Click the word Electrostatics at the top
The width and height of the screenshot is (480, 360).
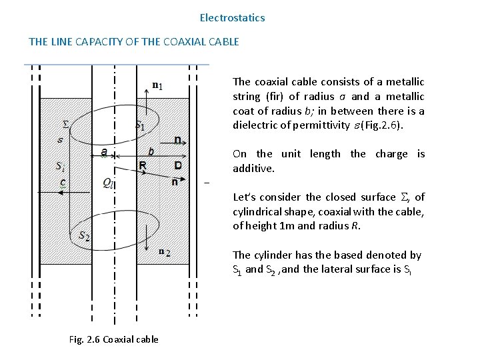click(232, 18)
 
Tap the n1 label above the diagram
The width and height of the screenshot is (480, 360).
click(157, 85)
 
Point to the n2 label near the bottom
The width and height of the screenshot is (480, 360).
click(165, 252)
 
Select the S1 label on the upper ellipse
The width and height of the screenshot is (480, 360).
click(140, 125)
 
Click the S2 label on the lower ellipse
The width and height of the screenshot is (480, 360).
click(85, 235)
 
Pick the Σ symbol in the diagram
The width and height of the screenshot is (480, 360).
click(65, 124)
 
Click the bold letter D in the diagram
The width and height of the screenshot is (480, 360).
click(178, 165)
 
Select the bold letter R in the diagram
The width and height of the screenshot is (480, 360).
click(142, 165)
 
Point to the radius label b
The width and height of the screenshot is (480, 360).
click(151, 151)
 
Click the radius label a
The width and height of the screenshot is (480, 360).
click(103, 152)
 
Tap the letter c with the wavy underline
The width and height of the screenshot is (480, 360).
click(63, 181)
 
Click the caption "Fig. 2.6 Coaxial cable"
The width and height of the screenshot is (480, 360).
click(114, 339)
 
